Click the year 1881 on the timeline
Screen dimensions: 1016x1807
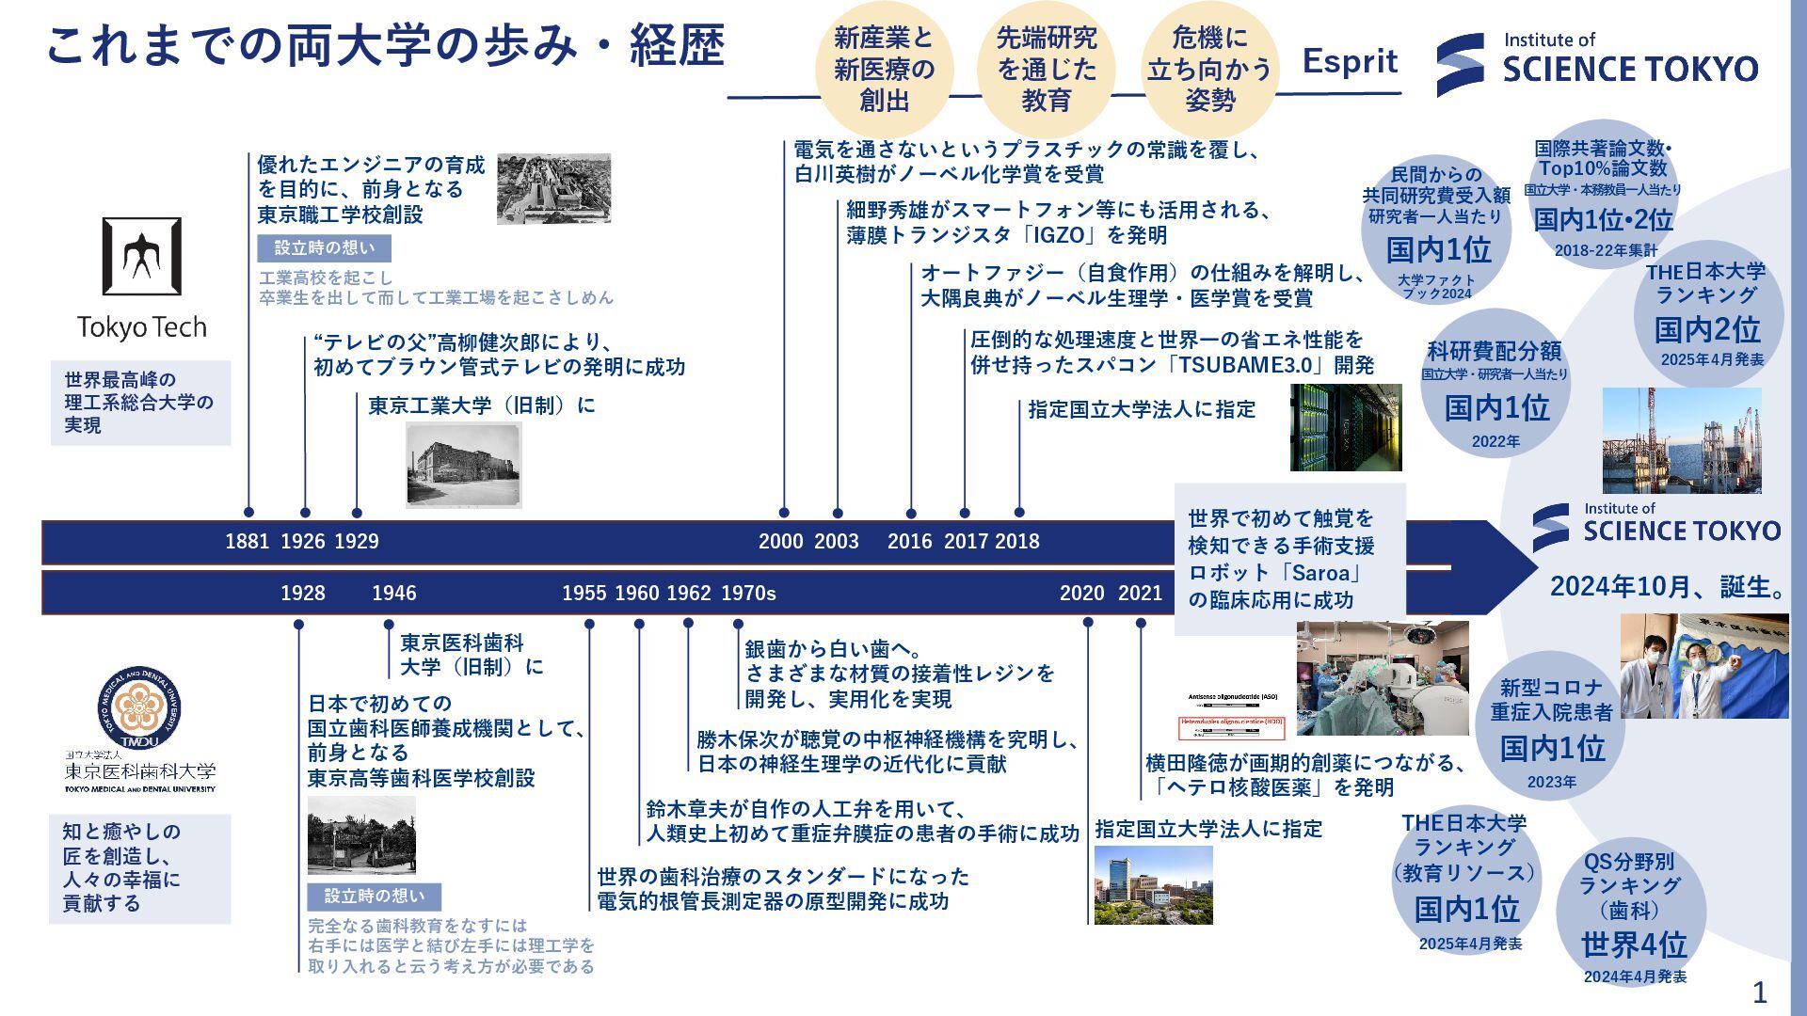point(247,542)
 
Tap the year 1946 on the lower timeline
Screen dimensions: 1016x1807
point(393,594)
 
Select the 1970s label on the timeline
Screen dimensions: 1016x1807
point(748,594)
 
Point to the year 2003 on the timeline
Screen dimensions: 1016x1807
point(836,542)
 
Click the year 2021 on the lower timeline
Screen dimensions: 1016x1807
point(1140,594)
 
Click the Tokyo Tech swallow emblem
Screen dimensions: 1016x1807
point(142,257)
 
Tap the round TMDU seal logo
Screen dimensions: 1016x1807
point(139,708)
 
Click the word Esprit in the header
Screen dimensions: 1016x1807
point(1350,62)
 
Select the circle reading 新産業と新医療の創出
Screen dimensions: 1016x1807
point(884,69)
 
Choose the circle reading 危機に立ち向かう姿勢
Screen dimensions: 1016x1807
point(1209,69)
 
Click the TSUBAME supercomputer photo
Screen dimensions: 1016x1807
point(1345,427)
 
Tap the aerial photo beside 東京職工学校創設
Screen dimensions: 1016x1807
point(553,189)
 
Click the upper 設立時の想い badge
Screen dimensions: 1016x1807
point(324,248)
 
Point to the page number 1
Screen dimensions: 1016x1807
point(1759,992)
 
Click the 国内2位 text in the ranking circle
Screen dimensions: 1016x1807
point(1707,330)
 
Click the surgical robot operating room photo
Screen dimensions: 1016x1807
point(1382,677)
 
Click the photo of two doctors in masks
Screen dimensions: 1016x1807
point(1703,666)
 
